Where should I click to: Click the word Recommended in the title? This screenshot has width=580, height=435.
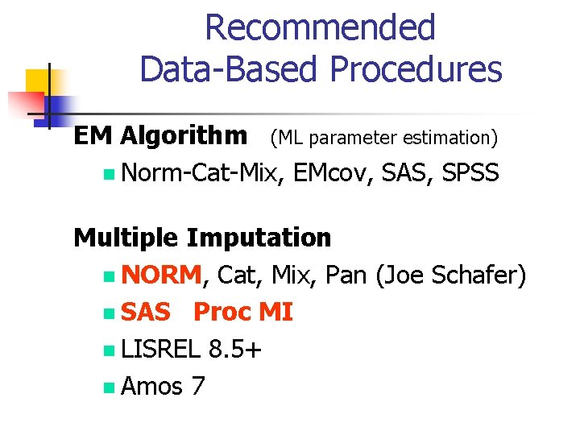(x=320, y=27)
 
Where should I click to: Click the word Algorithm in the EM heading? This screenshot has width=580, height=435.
(x=184, y=136)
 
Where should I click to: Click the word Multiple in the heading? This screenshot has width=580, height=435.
(x=126, y=238)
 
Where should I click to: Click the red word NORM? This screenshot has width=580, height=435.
(x=162, y=275)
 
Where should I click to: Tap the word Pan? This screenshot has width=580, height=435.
(x=347, y=275)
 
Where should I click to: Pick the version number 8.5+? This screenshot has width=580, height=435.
(x=234, y=350)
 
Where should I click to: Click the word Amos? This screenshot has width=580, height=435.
(x=151, y=387)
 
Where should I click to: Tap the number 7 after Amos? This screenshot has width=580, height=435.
(x=198, y=387)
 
